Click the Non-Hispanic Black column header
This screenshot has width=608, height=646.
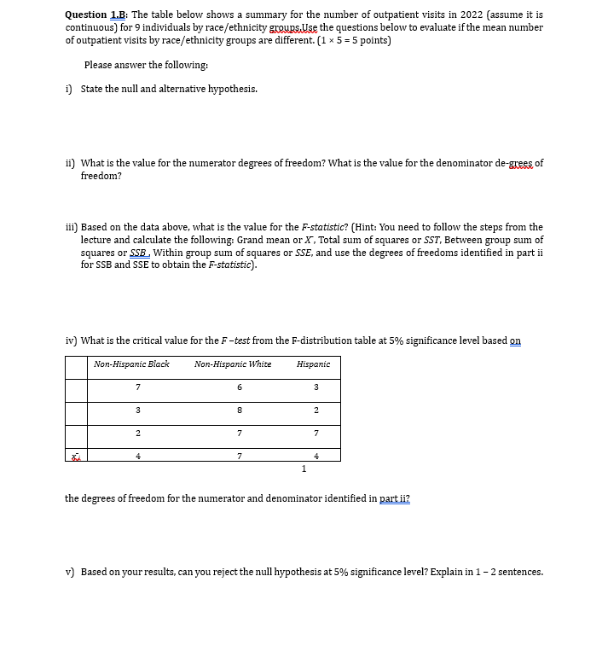pyautogui.click(x=131, y=364)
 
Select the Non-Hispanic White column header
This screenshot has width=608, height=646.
pyautogui.click(x=233, y=364)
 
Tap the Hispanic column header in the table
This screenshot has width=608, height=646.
pyautogui.click(x=313, y=364)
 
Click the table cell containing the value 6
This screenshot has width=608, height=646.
pyautogui.click(x=240, y=387)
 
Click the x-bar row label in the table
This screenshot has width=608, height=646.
pyautogui.click(x=76, y=456)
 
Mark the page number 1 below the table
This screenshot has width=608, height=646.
pyautogui.click(x=304, y=468)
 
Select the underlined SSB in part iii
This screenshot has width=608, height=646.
pyautogui.click(x=138, y=253)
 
